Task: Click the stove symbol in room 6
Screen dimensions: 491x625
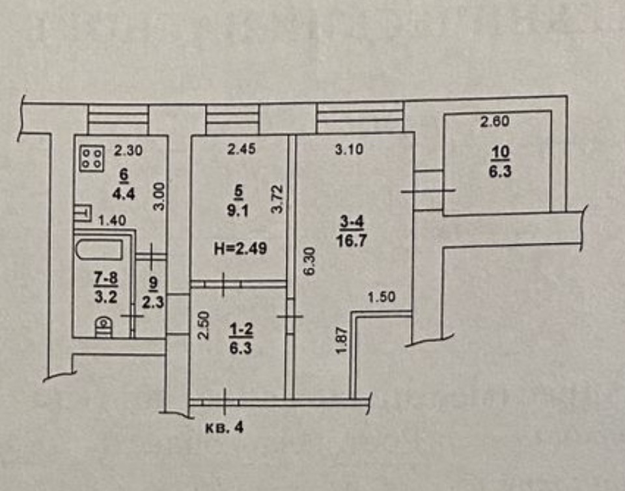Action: coord(92,158)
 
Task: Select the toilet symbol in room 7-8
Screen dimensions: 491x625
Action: coord(103,326)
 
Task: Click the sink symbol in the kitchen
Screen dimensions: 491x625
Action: coord(81,213)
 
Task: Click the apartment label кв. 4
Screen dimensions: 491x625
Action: coord(223,428)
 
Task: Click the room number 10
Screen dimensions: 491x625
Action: coord(501,152)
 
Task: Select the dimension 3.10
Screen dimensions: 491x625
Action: coord(349,150)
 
